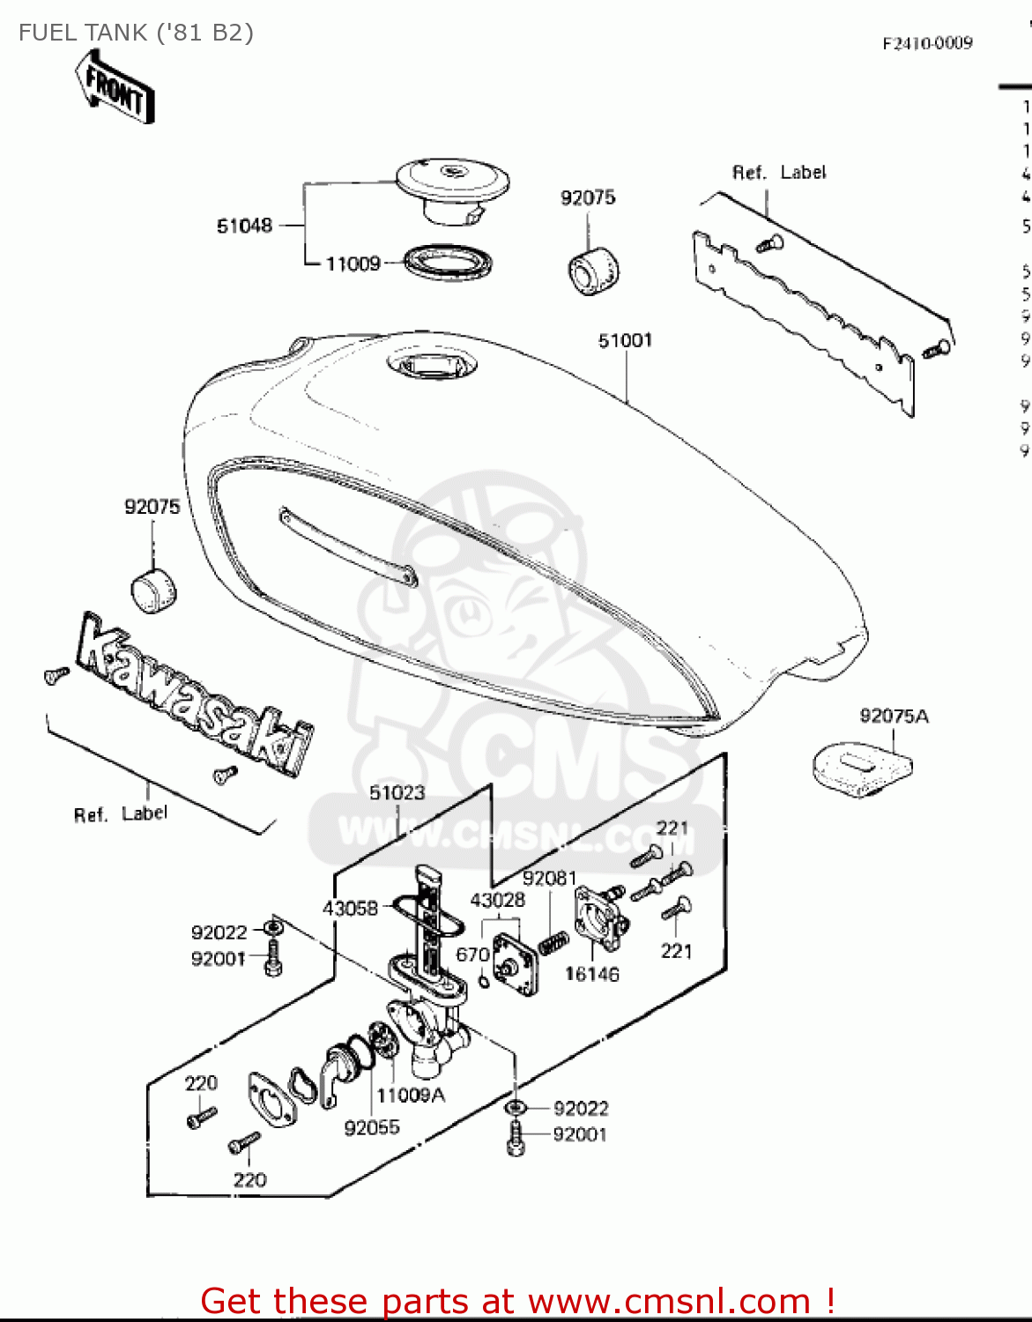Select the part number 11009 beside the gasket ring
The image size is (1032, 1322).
[353, 264]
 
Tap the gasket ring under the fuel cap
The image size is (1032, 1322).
[448, 263]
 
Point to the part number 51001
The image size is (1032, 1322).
[625, 341]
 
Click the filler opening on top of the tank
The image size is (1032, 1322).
[433, 365]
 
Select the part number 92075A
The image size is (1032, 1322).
[894, 717]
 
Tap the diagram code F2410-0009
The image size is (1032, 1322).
[927, 43]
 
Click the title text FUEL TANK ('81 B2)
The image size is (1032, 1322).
[136, 33]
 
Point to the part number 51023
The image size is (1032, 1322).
[397, 793]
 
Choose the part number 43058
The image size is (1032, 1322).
[350, 908]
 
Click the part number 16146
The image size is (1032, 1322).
[591, 974]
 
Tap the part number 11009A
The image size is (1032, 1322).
[411, 1095]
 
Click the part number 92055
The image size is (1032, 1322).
[372, 1127]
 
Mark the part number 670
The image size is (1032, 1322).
[472, 954]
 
